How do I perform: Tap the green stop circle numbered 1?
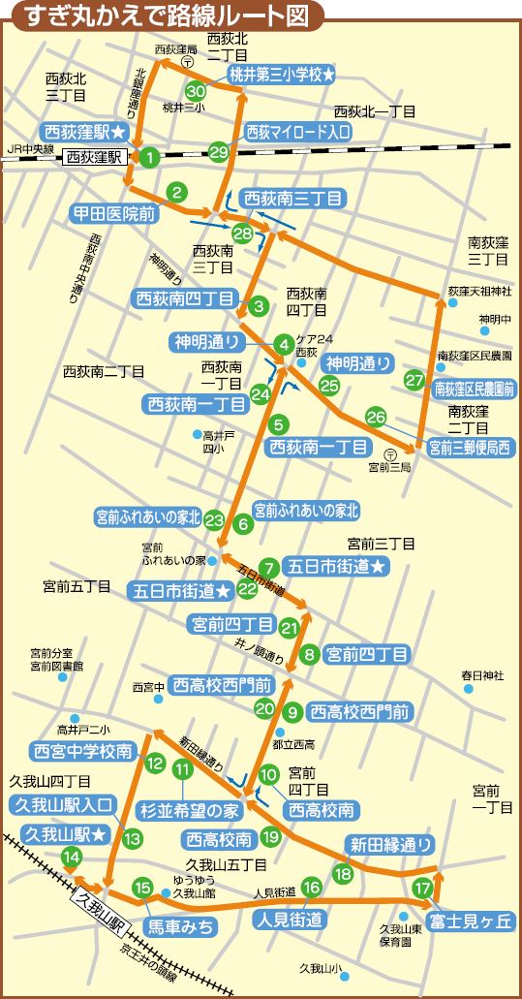[x=149, y=156]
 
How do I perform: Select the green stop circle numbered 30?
[x=196, y=91]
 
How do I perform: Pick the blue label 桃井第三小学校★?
[x=282, y=74]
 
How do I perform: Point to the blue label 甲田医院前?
[x=114, y=212]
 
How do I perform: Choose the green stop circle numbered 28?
[x=242, y=234]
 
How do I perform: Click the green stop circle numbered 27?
[x=415, y=380]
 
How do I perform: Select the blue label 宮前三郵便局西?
[x=466, y=447]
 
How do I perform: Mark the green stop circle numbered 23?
[x=215, y=519]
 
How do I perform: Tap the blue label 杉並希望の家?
[x=190, y=808]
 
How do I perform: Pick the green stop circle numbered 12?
[x=155, y=763]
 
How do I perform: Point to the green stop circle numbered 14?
[x=71, y=856]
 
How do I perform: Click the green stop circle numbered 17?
[x=422, y=888]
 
